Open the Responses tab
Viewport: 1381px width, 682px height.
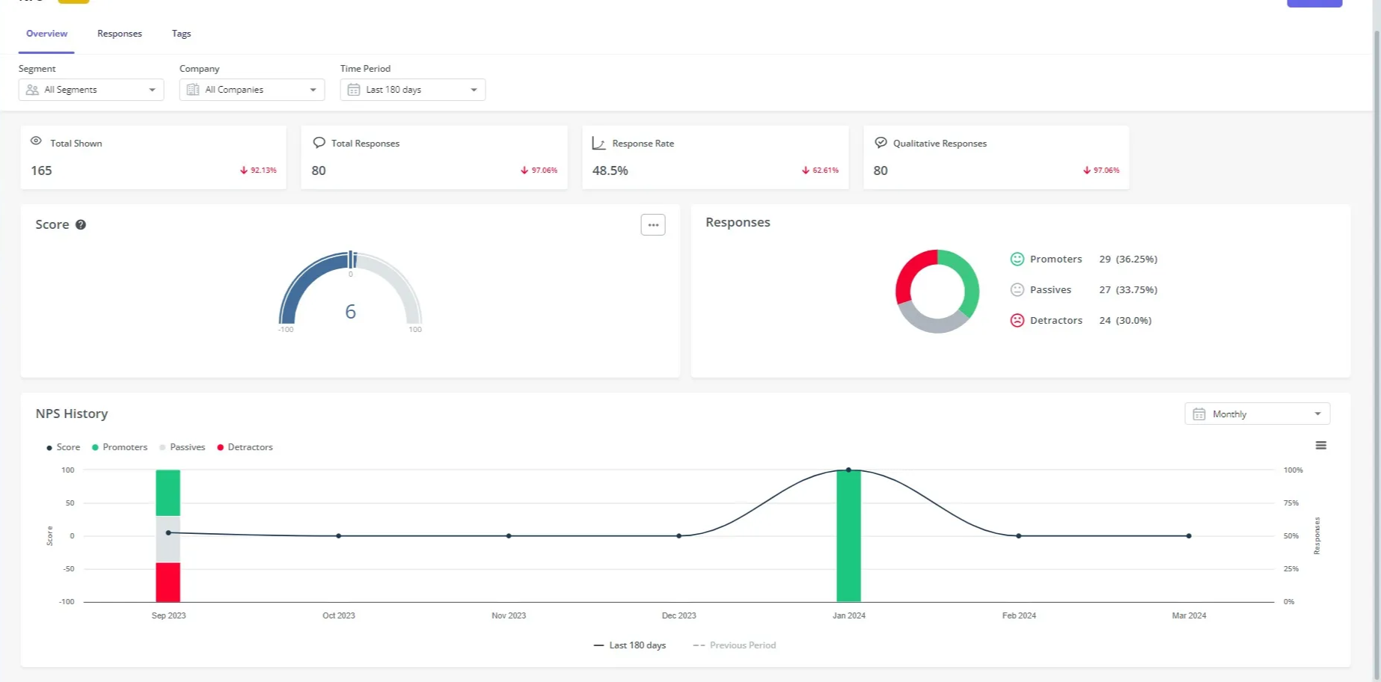point(119,34)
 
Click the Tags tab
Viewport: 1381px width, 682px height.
point(181,34)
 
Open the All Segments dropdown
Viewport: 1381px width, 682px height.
point(91,90)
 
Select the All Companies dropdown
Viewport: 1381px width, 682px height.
point(251,90)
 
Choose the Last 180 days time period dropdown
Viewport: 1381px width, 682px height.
point(412,90)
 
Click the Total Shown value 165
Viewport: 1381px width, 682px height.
point(41,170)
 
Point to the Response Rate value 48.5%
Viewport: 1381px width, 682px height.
point(610,170)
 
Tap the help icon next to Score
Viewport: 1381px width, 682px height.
point(81,224)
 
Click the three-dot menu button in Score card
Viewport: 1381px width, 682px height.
point(652,225)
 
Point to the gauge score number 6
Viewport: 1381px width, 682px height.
point(350,312)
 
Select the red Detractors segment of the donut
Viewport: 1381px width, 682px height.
point(910,273)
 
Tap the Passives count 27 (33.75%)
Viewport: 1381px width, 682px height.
point(1127,289)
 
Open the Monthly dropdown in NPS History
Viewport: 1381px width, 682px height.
point(1256,414)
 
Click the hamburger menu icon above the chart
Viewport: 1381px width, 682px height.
point(1320,446)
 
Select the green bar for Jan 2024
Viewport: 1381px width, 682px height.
point(848,538)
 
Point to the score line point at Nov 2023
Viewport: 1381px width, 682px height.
point(509,535)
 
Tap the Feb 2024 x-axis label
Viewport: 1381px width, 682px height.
point(1018,615)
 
